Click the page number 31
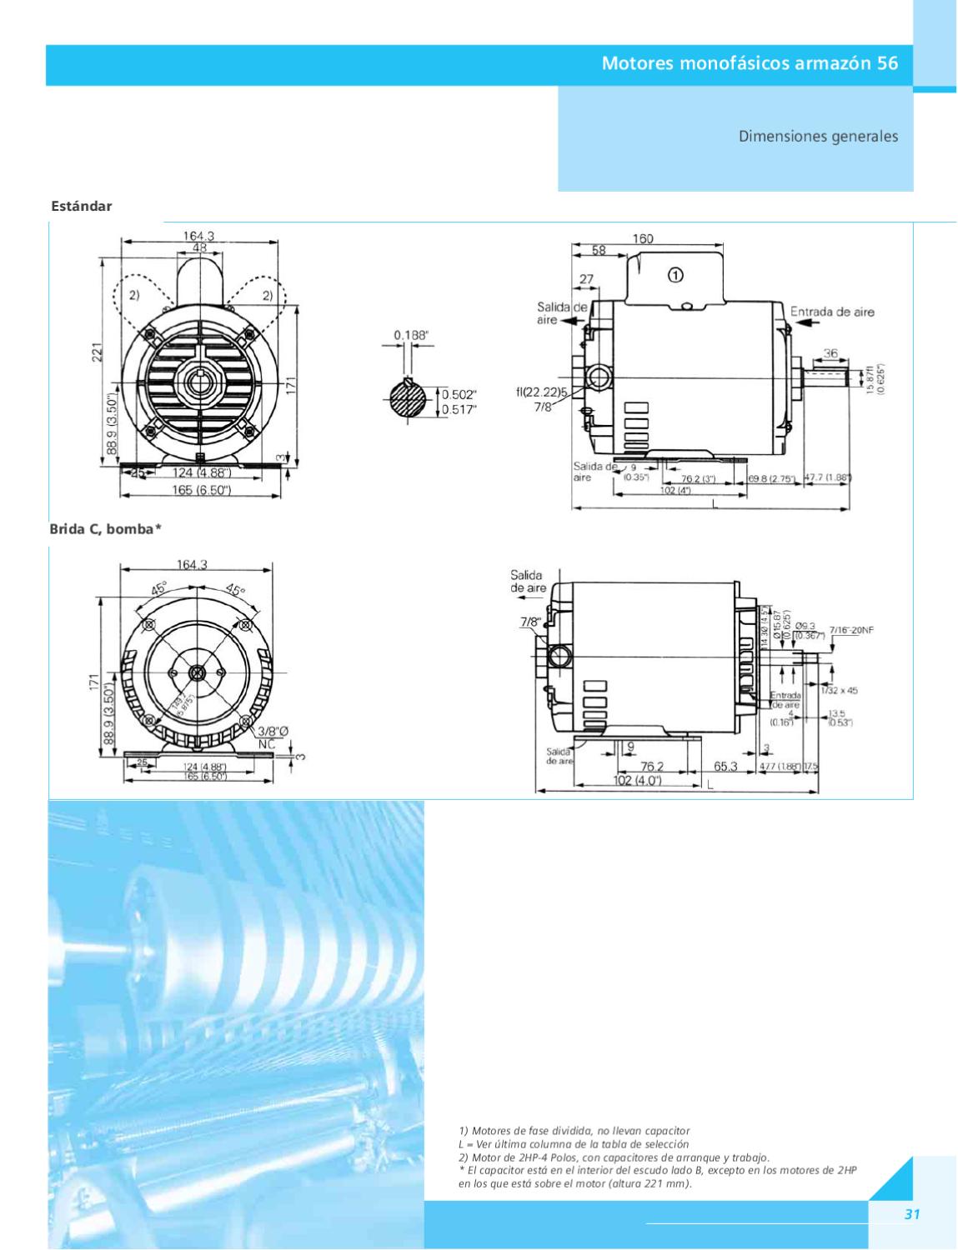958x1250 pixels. (912, 1214)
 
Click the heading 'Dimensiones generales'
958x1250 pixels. (818, 136)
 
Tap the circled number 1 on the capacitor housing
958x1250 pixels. (675, 273)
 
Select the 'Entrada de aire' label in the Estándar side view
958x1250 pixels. (832, 312)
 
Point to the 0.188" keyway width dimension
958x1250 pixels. (412, 336)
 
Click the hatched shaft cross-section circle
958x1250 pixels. (411, 402)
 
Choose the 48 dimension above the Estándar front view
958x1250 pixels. (200, 248)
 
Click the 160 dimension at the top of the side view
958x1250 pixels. (643, 239)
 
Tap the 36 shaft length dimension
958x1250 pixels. (830, 353)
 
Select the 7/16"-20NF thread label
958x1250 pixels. (851, 630)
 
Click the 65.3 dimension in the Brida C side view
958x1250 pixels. (725, 767)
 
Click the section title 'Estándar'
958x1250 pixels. (82, 206)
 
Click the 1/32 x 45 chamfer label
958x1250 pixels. (839, 690)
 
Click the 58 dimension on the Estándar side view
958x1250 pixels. (599, 250)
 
